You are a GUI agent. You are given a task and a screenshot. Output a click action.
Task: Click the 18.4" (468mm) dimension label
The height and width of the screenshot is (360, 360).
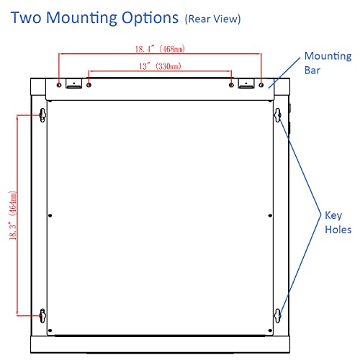click(x=160, y=49)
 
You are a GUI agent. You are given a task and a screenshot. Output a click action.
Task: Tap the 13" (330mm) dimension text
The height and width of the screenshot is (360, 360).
click(x=160, y=66)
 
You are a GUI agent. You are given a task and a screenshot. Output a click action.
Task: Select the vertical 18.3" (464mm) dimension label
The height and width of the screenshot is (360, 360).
click(x=13, y=215)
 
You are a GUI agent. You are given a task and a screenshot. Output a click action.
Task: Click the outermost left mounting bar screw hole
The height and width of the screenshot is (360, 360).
click(x=59, y=85)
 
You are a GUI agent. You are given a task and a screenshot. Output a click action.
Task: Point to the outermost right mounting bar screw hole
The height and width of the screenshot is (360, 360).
click(x=261, y=85)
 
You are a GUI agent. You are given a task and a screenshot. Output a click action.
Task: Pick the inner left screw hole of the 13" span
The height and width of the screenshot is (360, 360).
click(x=89, y=85)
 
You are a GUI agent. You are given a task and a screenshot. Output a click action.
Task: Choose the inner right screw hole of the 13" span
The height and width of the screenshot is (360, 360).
click(x=231, y=85)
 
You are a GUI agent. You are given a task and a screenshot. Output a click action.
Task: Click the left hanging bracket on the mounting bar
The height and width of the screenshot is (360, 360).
click(x=74, y=84)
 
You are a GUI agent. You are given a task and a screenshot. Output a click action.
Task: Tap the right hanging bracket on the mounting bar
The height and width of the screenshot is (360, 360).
click(x=246, y=84)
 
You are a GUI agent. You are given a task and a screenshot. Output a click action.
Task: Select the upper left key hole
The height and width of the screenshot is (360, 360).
click(x=42, y=115)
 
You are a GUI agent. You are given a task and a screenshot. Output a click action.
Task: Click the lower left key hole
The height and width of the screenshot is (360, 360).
click(x=42, y=316)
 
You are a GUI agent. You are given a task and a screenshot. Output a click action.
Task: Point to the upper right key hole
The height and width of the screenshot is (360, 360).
click(x=278, y=115)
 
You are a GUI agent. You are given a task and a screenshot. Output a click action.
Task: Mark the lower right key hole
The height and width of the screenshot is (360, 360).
click(x=278, y=316)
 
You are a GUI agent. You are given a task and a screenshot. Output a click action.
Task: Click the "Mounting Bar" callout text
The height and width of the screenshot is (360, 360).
click(x=328, y=63)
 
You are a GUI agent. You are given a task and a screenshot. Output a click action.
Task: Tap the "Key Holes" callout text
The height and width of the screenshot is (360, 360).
click(x=338, y=222)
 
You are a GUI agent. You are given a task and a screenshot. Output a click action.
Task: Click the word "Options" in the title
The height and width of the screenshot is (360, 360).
click(x=150, y=19)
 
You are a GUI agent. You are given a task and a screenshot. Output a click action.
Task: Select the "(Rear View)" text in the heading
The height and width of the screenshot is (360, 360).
click(x=212, y=19)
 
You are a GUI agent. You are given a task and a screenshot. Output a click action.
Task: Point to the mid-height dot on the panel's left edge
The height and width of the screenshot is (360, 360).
click(x=50, y=215)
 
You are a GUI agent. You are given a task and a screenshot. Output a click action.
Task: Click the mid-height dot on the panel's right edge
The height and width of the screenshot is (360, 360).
click(x=270, y=215)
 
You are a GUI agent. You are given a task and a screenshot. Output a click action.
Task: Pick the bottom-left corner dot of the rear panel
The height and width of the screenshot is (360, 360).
click(x=50, y=330)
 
